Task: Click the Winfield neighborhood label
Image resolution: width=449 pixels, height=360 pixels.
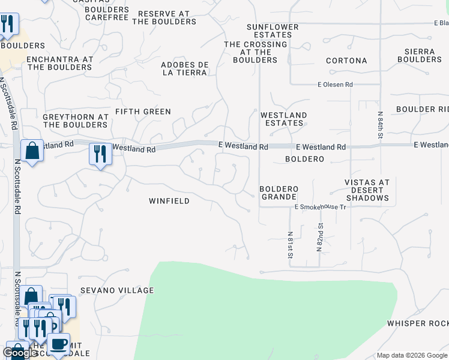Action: click(x=169, y=201)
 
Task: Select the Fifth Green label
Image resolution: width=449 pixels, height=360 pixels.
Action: click(x=143, y=112)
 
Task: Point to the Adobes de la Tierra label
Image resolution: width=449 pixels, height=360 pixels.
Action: click(x=184, y=68)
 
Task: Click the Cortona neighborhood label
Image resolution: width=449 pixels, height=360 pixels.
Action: click(x=346, y=61)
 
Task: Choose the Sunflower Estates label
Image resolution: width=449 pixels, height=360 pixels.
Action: click(x=273, y=31)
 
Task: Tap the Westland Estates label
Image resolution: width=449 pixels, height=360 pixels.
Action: click(x=284, y=119)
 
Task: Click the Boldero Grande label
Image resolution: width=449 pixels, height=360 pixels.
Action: click(x=278, y=193)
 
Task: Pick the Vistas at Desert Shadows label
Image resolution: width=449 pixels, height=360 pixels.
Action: click(x=367, y=190)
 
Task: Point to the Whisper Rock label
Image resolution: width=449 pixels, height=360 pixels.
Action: click(x=418, y=323)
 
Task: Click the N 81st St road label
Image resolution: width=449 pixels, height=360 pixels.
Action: click(x=290, y=245)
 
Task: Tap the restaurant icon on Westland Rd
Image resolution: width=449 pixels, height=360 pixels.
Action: click(x=100, y=154)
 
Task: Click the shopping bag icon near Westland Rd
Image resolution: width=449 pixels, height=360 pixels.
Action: click(x=32, y=151)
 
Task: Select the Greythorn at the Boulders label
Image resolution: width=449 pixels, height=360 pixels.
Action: click(x=75, y=121)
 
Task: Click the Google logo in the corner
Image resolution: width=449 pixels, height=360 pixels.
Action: click(x=20, y=353)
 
